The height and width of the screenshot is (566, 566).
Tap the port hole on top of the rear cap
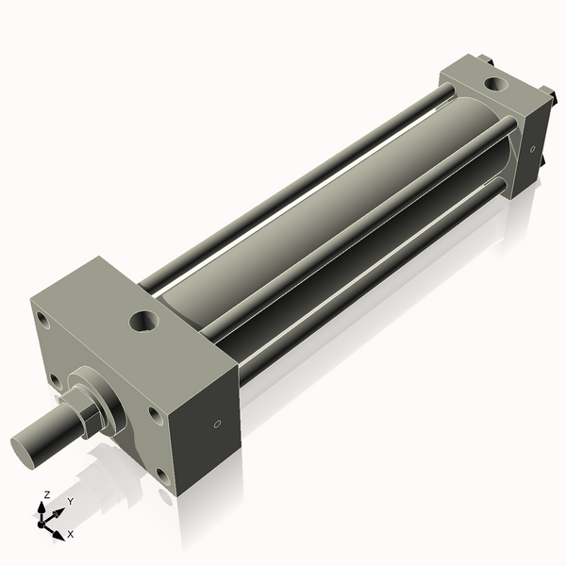click(494, 85)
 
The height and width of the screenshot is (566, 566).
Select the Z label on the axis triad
click(47, 494)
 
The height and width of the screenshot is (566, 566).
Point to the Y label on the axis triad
click(70, 502)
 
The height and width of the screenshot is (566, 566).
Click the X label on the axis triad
click(71, 534)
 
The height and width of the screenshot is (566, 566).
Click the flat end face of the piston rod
click(26, 446)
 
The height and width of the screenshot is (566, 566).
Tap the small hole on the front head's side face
click(218, 424)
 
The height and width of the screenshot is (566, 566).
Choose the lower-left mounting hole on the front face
click(56, 382)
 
